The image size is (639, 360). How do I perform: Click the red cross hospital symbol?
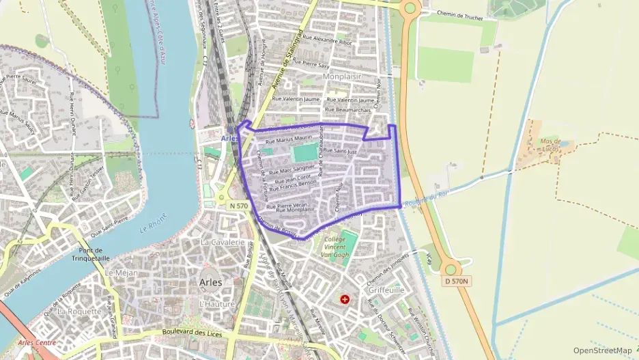tap(345, 299)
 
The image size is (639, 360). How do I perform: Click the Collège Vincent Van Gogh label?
tap(336, 247)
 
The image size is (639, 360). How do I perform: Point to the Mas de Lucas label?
tap(554, 144)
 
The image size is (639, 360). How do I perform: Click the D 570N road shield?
tap(457, 281)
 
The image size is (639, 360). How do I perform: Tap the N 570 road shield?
tap(238, 205)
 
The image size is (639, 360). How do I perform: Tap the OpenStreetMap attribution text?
tap(602, 350)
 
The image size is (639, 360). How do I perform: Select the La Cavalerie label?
tap(223, 243)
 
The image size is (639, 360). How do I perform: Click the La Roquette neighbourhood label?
tap(79, 311)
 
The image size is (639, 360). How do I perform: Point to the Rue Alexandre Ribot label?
tap(327, 40)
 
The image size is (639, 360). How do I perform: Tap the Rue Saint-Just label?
tap(339, 151)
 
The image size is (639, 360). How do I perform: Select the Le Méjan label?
tap(122, 273)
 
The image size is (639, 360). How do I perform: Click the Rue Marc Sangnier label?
tap(292, 168)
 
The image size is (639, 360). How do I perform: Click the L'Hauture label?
tap(216, 304)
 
